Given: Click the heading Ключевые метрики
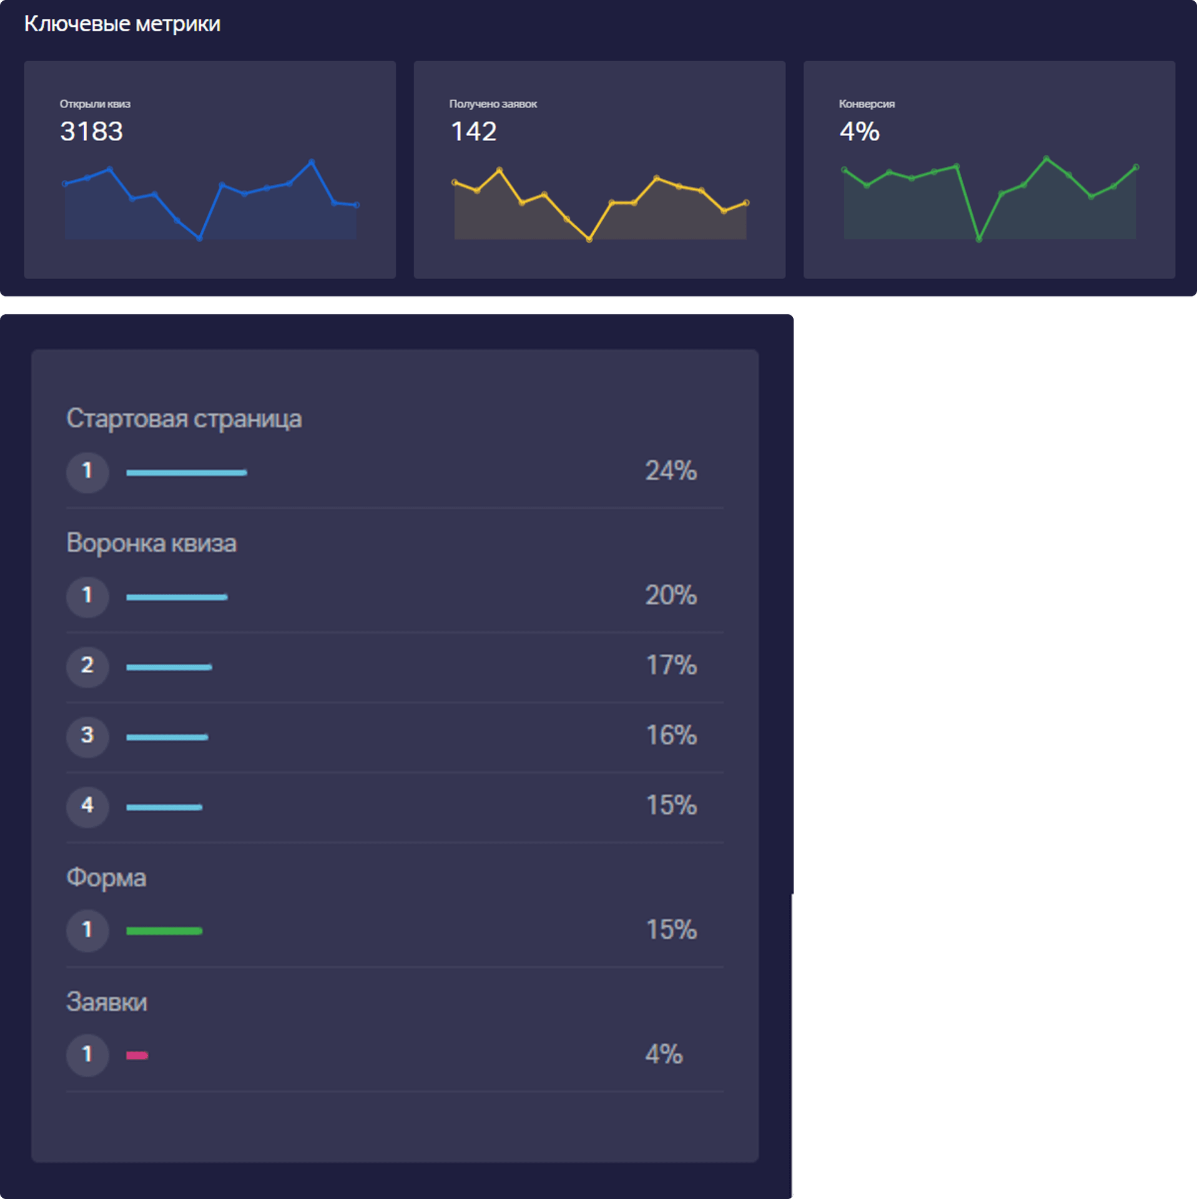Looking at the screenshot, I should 122,24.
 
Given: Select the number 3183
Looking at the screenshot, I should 91,132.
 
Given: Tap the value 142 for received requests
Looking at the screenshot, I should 473,132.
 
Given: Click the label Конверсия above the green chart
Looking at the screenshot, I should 866,104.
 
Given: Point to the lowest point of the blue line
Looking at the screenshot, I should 199,238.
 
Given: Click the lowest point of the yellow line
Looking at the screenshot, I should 589,239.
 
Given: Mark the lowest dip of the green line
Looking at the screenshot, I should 978,239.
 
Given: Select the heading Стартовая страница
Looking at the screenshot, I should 184,418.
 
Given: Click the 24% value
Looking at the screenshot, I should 671,471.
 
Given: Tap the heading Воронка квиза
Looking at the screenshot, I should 151,543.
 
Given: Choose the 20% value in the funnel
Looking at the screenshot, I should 671,595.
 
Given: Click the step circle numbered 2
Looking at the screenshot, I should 87,666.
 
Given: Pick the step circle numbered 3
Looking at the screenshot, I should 87,736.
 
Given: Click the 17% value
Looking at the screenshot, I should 671,665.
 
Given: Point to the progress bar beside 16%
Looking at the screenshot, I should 167,738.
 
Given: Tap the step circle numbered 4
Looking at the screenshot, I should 87,806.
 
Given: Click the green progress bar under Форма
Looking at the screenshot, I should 164,931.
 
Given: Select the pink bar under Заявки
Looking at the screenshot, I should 137,1056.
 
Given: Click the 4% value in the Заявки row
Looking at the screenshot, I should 663,1055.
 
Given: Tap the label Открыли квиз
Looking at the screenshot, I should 95,104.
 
